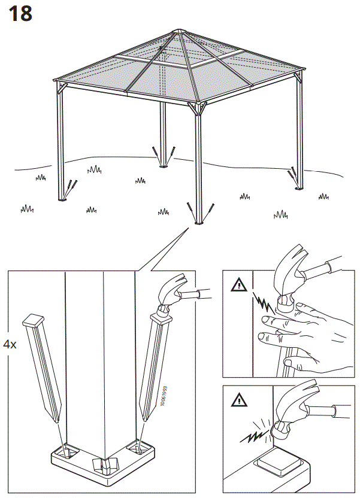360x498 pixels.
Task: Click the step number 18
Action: coord(20,13)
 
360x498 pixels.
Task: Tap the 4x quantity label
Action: coord(10,344)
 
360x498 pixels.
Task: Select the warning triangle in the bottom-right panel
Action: coord(238,399)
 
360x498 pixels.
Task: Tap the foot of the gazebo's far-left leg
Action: coord(62,199)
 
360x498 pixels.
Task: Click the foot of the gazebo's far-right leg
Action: coord(300,189)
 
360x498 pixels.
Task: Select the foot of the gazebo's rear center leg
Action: coord(163,166)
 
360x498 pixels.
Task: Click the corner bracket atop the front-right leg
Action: coord(197,109)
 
